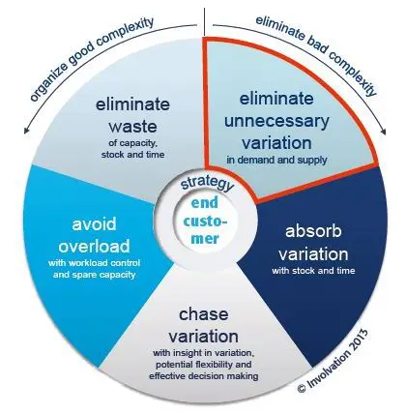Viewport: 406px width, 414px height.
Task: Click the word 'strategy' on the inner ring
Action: coord(207,184)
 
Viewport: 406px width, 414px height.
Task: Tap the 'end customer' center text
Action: coord(205,221)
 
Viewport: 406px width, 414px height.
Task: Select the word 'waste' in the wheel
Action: coord(132,126)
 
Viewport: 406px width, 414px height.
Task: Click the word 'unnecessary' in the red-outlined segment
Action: coord(276,121)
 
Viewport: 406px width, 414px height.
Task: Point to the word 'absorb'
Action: coord(313,231)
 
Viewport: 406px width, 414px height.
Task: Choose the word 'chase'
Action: coord(203,314)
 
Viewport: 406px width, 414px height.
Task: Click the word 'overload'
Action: coord(94,247)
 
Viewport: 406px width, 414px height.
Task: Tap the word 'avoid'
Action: coord(94,224)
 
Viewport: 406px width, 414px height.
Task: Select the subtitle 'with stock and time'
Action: coord(313,270)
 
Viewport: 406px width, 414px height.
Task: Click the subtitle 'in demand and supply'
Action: coord(276,160)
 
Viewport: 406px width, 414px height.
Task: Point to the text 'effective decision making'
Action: coord(204,376)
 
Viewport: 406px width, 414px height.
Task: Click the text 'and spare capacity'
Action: coord(94,275)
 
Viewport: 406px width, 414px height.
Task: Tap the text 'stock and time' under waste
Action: coord(132,155)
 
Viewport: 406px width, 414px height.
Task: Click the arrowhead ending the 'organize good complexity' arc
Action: coord(26,131)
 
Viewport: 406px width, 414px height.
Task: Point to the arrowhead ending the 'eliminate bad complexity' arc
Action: coord(383,132)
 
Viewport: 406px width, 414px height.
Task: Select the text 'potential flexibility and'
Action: coord(204,365)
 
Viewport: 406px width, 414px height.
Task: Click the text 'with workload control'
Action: coord(94,263)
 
